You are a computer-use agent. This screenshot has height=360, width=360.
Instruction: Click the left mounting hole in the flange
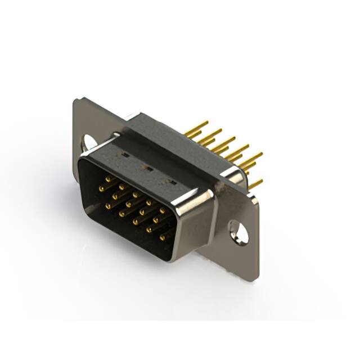click(x=88, y=143)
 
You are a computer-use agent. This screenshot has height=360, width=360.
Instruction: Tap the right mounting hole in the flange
click(x=239, y=232)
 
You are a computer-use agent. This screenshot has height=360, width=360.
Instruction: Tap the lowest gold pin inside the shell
click(x=163, y=238)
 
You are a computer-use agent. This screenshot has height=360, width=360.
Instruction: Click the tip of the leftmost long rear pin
click(x=206, y=122)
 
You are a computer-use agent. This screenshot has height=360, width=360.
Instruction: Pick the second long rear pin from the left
click(x=219, y=130)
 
